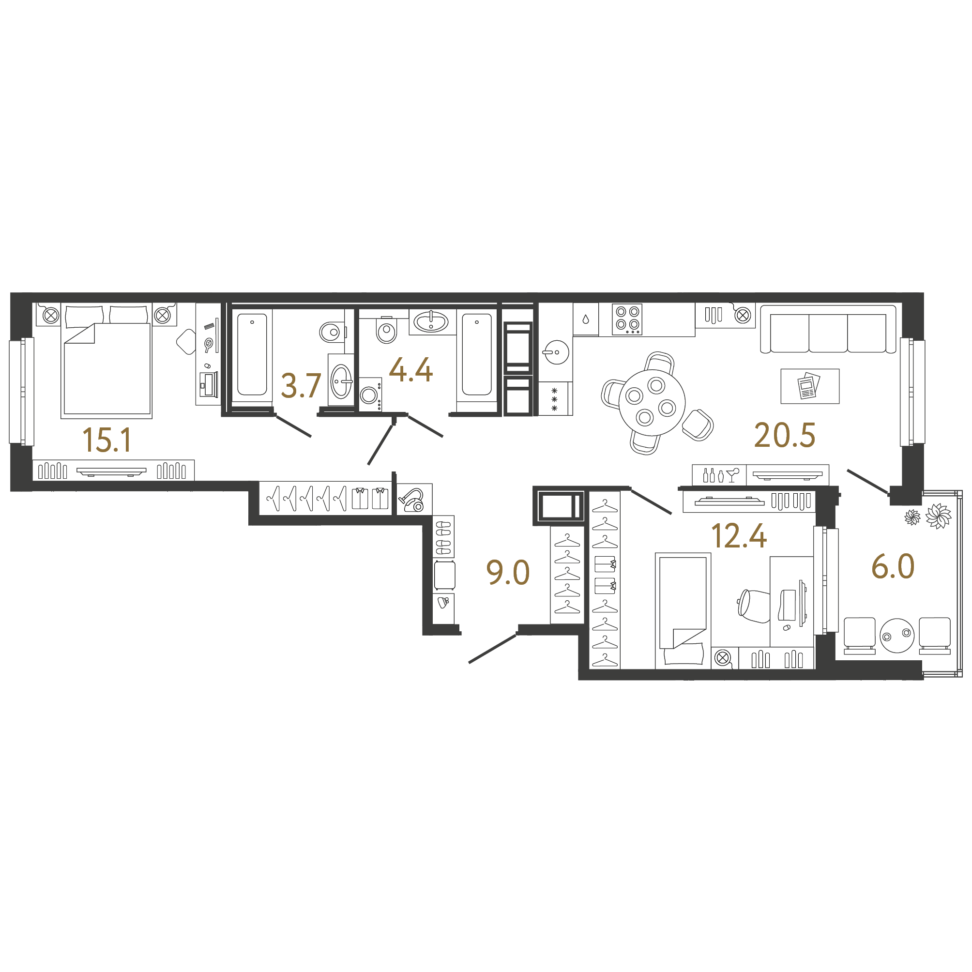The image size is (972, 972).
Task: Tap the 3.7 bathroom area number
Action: tap(301, 386)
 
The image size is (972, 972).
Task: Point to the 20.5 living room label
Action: tap(784, 435)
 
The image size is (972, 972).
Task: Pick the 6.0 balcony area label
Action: tap(893, 566)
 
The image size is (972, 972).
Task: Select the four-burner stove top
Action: tap(627, 319)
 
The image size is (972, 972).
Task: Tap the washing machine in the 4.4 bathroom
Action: tap(370, 395)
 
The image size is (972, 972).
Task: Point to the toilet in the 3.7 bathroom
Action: tap(332, 332)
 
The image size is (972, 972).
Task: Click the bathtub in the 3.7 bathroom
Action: tap(252, 355)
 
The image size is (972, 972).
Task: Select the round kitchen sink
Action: tap(555, 351)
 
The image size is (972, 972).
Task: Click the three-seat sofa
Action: tap(828, 329)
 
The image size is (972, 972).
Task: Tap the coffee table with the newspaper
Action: tap(810, 386)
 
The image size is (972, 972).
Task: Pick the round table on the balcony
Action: tap(897, 636)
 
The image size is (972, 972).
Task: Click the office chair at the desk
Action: tap(754, 606)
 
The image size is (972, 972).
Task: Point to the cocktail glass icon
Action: tap(732, 474)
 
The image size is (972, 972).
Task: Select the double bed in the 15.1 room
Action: tap(106, 361)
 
